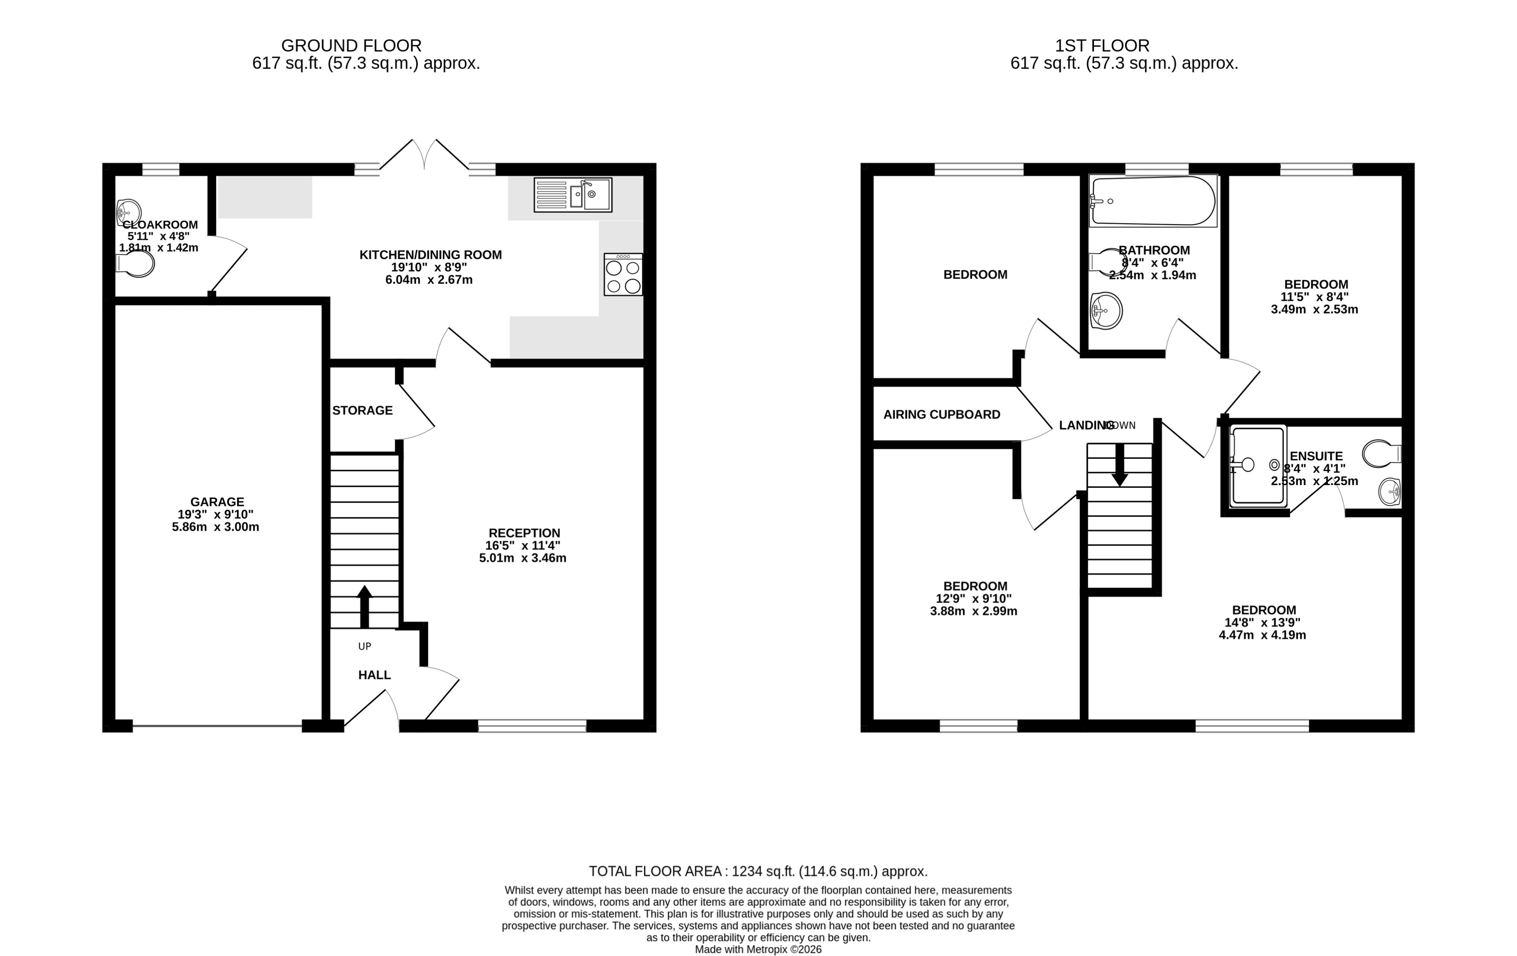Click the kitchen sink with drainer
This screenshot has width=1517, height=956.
tap(573, 195)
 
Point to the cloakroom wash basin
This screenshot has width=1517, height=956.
tap(129, 212)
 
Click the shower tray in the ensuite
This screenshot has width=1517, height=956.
tap(1257, 466)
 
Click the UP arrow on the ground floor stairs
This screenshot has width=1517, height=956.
tap(364, 606)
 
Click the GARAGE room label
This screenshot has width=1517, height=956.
tap(217, 502)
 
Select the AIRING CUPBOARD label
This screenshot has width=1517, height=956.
tap(941, 414)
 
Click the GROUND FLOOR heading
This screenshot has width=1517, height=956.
tap(351, 46)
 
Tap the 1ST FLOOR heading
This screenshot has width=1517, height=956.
tap(1102, 46)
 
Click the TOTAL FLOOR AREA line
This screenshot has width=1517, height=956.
tap(758, 871)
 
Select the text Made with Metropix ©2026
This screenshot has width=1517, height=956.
tap(758, 949)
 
